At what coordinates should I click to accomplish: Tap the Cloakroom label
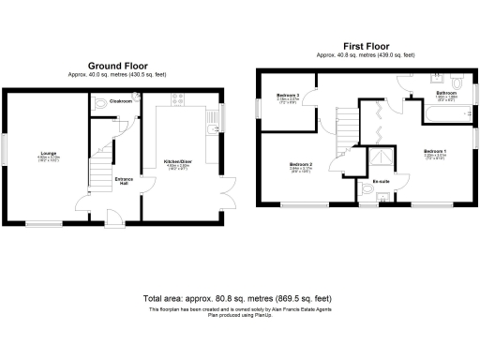point(119,100)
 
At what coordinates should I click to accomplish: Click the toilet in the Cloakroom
point(104,106)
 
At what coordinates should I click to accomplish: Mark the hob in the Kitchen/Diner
point(175,98)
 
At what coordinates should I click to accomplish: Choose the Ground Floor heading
point(118,67)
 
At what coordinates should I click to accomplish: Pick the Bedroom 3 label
point(287,96)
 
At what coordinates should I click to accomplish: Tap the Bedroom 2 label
point(300,166)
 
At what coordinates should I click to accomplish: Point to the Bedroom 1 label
point(434,152)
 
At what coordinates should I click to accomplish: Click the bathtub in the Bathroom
point(446,115)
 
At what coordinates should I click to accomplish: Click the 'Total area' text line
point(239,293)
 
